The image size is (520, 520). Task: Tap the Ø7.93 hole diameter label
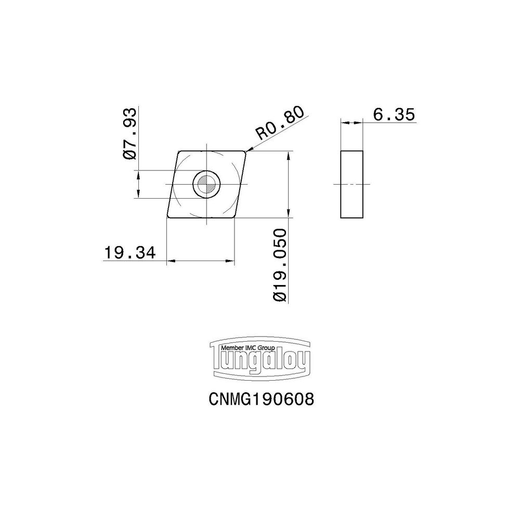(x=130, y=134)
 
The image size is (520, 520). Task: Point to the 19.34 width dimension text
(x=129, y=253)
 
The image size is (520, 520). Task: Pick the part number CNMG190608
(x=261, y=399)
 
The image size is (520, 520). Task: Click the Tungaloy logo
(x=259, y=358)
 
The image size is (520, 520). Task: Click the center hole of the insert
(x=207, y=184)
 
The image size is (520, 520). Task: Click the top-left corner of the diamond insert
(x=179, y=152)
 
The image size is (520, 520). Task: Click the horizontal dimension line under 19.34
(x=200, y=261)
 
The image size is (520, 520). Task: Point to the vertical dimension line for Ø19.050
(x=288, y=184)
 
